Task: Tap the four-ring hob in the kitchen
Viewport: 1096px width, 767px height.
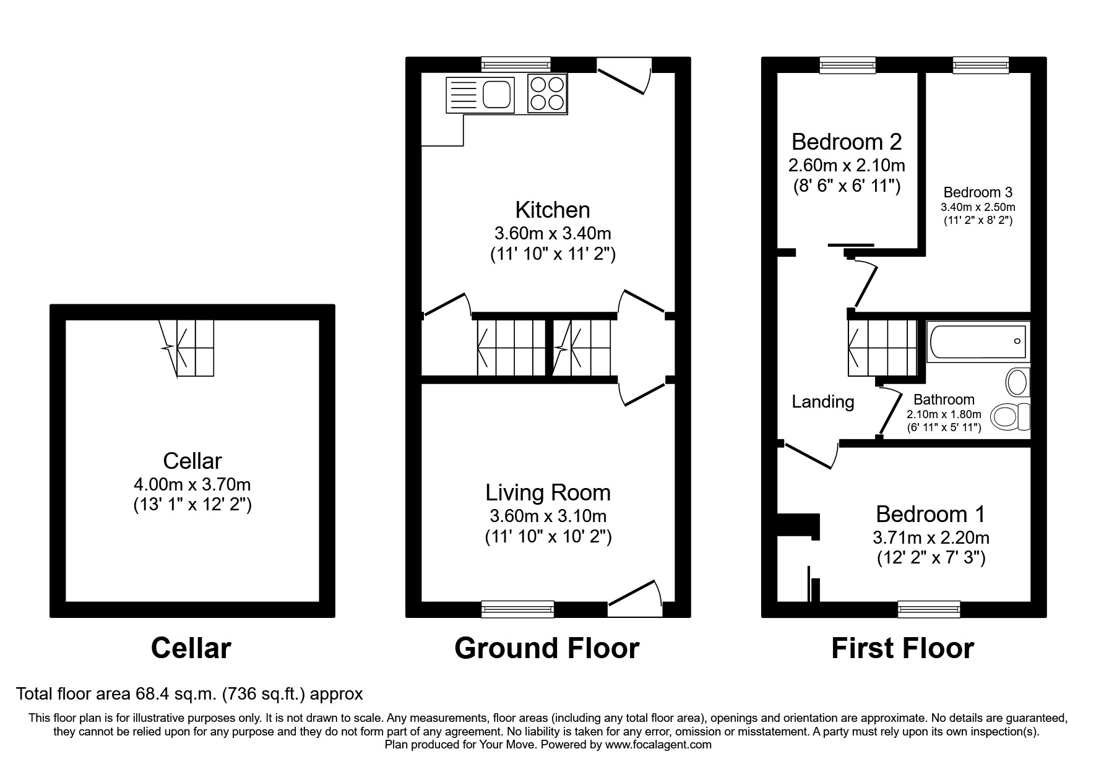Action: point(547,93)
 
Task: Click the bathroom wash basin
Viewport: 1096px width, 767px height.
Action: point(1017,382)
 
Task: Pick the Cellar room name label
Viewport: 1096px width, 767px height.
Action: point(192,461)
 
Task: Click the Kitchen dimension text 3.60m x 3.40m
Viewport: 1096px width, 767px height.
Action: point(552,234)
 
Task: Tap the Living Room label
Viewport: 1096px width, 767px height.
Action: point(548,492)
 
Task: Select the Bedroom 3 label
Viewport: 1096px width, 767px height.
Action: point(978,192)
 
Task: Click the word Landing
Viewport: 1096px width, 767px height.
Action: point(822,402)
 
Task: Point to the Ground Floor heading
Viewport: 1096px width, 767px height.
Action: point(546,648)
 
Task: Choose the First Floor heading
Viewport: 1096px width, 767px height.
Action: point(902,648)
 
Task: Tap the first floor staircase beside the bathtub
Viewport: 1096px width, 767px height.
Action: point(881,348)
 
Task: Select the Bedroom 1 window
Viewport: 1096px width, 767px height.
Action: point(929,609)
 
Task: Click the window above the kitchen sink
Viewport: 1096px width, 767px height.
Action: point(516,64)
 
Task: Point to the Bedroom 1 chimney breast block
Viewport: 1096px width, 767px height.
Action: point(800,525)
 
